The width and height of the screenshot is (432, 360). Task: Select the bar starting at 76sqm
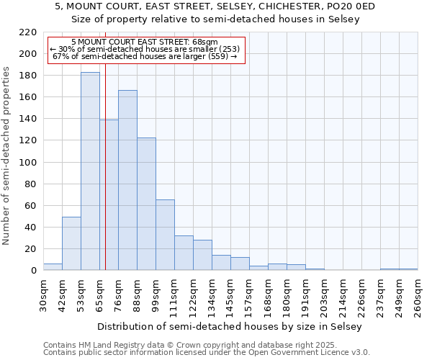(127, 180)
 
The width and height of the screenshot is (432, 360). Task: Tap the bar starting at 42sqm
(71, 243)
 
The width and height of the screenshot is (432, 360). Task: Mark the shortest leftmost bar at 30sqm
(53, 267)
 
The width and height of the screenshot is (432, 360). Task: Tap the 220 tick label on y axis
(28, 32)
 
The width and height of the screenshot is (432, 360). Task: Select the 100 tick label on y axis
(28, 163)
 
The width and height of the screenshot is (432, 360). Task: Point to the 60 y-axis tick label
(31, 206)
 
